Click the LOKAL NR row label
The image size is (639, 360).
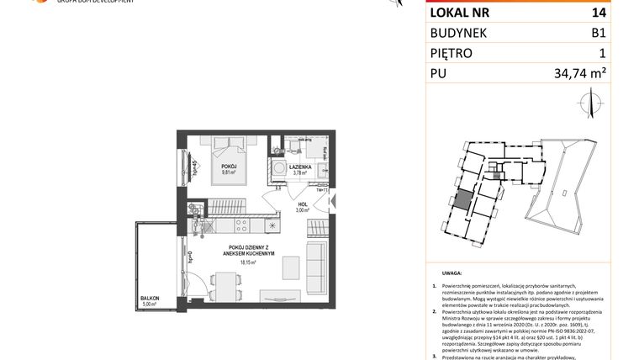[459, 13]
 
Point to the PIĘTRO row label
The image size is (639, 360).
[452, 53]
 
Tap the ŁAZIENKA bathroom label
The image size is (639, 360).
[301, 167]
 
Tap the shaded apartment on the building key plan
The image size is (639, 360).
[462, 203]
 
